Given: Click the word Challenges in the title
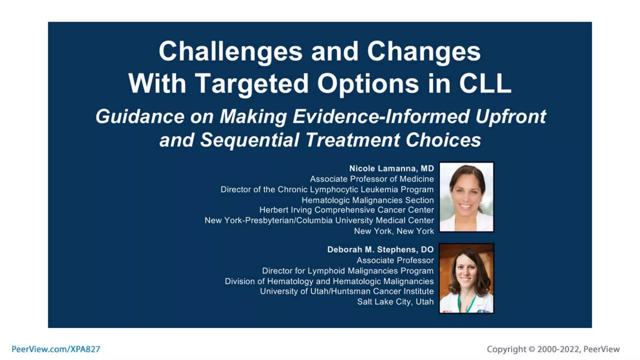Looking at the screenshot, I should [x=230, y=52].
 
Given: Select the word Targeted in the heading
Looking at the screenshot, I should [x=252, y=84].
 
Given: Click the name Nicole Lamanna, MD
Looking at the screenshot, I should [x=392, y=168].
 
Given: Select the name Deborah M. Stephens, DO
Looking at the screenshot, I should [x=380, y=249].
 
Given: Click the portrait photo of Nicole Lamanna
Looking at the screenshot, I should [x=466, y=197].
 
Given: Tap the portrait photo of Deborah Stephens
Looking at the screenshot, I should [x=466, y=278].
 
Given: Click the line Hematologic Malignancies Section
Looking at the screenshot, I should [x=367, y=200].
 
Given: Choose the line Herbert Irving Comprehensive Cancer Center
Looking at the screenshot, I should [x=347, y=210].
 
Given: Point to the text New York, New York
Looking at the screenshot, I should [x=394, y=231].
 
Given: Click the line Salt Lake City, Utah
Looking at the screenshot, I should [x=395, y=302].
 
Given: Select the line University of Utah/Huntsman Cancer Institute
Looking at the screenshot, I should [x=347, y=291].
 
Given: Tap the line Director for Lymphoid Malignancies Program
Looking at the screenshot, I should [x=347, y=271].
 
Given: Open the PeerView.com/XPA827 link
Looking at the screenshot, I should [x=56, y=349].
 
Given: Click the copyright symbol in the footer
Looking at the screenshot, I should [x=532, y=349].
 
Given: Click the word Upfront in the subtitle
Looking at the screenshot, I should [x=511, y=117].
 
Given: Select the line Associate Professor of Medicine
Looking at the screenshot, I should [x=372, y=179].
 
